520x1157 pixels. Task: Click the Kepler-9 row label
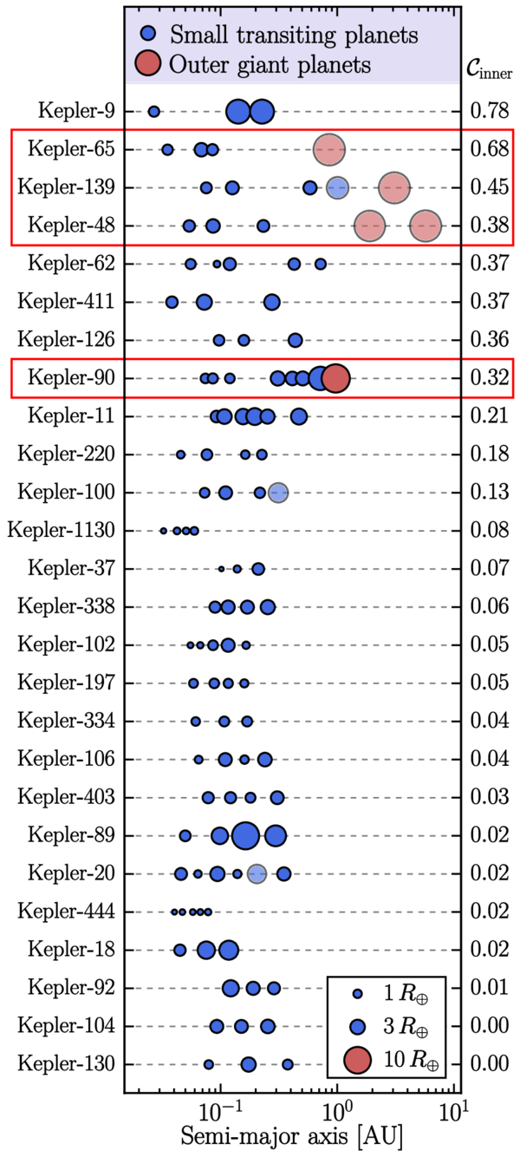(x=76, y=111)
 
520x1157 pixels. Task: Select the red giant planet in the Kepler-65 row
(x=328, y=149)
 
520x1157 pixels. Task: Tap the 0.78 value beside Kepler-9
(x=489, y=111)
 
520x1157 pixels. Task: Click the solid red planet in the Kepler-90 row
(x=335, y=378)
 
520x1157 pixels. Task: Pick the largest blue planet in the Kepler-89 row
(x=245, y=835)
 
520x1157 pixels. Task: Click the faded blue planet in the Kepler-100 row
(x=277, y=493)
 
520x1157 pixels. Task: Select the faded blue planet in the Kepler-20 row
(x=257, y=873)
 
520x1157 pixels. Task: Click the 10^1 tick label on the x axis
(x=453, y=1108)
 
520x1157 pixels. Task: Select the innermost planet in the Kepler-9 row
(x=154, y=111)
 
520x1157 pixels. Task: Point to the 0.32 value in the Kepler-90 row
(x=489, y=378)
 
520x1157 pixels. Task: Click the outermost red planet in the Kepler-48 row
(x=426, y=226)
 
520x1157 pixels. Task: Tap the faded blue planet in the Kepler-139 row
(x=337, y=187)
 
